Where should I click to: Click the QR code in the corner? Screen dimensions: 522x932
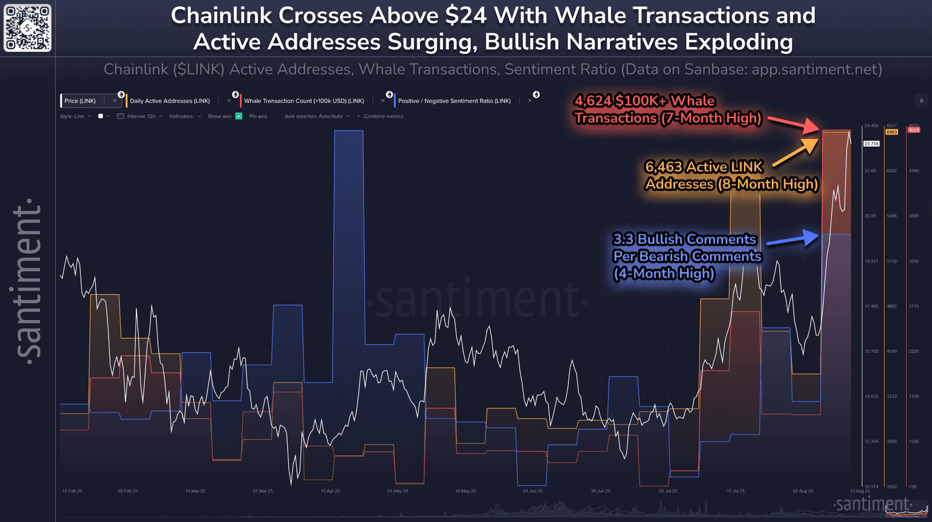pos(27,28)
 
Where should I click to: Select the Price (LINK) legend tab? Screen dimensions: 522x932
pos(80,101)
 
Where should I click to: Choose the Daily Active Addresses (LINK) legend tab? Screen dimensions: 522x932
pos(170,101)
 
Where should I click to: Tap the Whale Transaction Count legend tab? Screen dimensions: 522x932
pos(303,101)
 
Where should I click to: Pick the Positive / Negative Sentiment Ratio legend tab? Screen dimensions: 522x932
pos(454,101)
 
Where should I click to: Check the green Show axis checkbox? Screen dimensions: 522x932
pos(239,116)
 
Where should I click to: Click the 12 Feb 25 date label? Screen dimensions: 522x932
pos(72,491)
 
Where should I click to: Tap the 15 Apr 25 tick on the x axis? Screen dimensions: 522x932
pos(330,491)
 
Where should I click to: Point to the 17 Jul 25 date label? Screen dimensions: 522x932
pos(735,491)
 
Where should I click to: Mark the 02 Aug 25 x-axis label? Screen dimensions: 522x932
pos(803,491)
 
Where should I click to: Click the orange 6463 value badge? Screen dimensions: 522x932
pos(891,132)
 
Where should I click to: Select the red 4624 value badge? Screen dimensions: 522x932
pos(913,130)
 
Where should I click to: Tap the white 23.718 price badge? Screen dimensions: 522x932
pos(871,144)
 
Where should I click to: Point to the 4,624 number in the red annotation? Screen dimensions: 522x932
pos(592,101)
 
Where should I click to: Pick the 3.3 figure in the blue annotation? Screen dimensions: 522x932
pos(623,239)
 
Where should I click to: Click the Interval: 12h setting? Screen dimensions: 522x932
pos(141,116)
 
